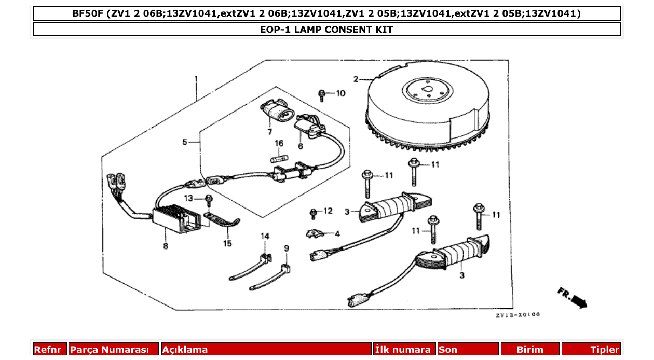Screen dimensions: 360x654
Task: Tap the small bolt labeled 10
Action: pyautogui.click(x=322, y=95)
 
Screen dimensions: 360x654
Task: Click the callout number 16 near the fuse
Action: pyautogui.click(x=279, y=143)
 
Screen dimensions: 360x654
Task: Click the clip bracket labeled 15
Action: pyautogui.click(x=223, y=220)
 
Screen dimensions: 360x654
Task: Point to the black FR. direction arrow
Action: pyautogui.click(x=577, y=299)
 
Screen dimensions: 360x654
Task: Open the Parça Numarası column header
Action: pyautogui.click(x=114, y=350)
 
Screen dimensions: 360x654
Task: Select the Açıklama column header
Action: pyautogui.click(x=185, y=350)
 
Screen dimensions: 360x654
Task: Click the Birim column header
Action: pyautogui.click(x=529, y=350)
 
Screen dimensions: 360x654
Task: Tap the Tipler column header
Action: pyautogui.click(x=604, y=350)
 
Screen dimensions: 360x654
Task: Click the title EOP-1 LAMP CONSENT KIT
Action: pyautogui.click(x=326, y=30)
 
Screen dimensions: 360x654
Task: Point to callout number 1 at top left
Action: pyautogui.click(x=196, y=79)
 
